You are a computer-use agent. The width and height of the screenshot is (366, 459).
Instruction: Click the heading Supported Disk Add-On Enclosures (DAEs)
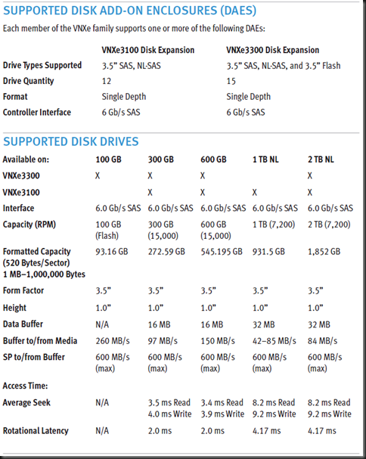(129, 11)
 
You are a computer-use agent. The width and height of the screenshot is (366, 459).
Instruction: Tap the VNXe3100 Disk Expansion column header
(148, 50)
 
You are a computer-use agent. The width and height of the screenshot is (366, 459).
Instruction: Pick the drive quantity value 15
(231, 81)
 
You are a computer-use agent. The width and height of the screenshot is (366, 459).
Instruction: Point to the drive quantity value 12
(107, 81)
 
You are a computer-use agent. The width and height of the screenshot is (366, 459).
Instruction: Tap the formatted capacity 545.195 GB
(222, 251)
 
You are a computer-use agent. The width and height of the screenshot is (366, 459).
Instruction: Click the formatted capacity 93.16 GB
(115, 251)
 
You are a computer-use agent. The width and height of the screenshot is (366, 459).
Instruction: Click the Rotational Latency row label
(36, 431)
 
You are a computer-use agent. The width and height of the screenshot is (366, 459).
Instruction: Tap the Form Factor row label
(25, 291)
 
